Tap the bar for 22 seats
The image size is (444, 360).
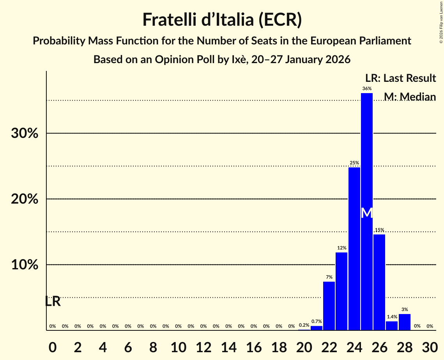329,306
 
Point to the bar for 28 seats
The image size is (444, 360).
405,322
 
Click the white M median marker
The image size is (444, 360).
367,213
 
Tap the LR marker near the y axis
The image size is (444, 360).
52,301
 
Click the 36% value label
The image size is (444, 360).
367,88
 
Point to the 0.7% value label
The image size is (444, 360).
317,321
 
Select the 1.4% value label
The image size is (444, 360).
392,317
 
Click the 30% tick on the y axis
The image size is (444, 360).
25,134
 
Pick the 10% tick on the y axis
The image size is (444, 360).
25,265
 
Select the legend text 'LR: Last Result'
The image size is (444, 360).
400,78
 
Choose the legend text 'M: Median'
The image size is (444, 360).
410,97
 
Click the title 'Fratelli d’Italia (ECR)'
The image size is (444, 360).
222,20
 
